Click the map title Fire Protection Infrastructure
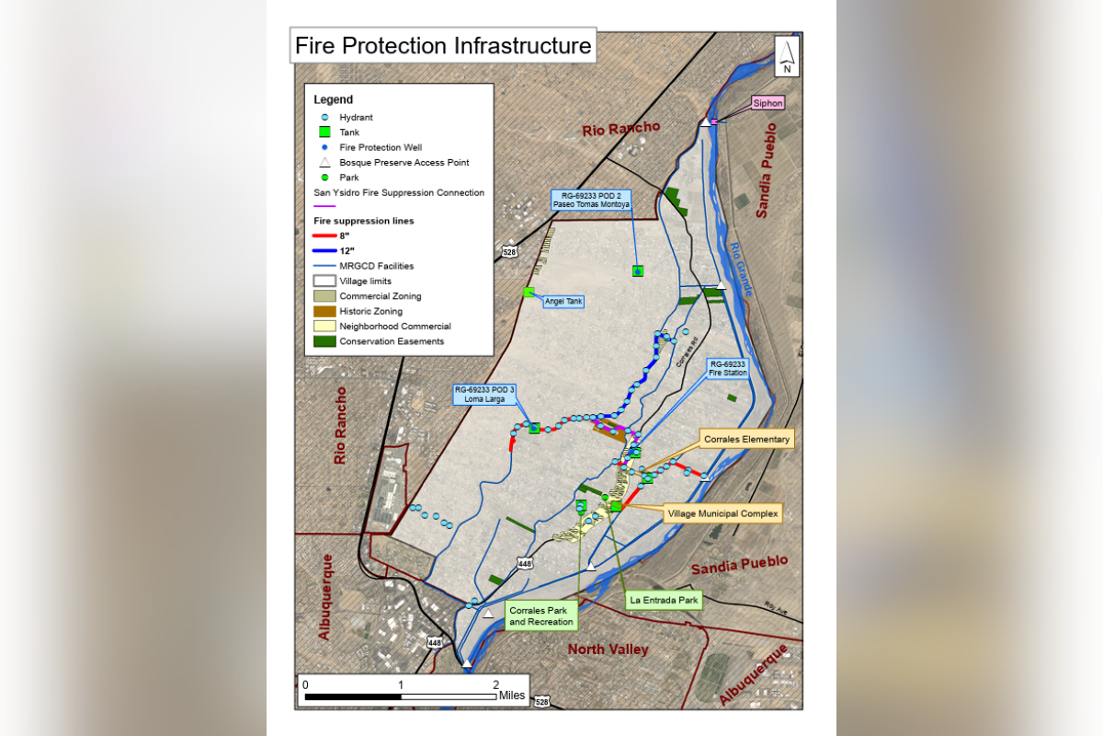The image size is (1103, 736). (x=443, y=46)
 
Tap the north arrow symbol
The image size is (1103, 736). (x=787, y=56)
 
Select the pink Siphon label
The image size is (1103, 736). (x=768, y=103)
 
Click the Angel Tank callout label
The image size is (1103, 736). (x=563, y=301)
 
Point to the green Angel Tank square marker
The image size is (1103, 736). (x=529, y=292)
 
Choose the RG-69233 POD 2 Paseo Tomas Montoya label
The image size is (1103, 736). (x=591, y=200)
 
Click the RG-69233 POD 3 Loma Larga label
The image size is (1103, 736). (x=484, y=395)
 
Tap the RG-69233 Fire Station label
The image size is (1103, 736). (x=727, y=368)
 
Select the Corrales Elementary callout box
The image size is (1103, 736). (x=746, y=439)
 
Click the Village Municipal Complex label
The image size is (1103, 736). (x=722, y=513)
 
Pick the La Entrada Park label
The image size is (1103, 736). (x=664, y=600)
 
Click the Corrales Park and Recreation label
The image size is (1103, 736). (x=541, y=615)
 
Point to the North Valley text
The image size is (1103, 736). (x=608, y=650)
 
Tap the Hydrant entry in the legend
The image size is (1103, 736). (x=356, y=118)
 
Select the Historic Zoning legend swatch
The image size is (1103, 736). (x=324, y=311)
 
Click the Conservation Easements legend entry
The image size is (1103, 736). (x=379, y=341)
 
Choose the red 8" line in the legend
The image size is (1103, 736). (x=324, y=236)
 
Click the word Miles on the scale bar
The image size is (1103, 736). (x=512, y=696)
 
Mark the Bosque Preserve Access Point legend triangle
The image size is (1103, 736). (x=324, y=163)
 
